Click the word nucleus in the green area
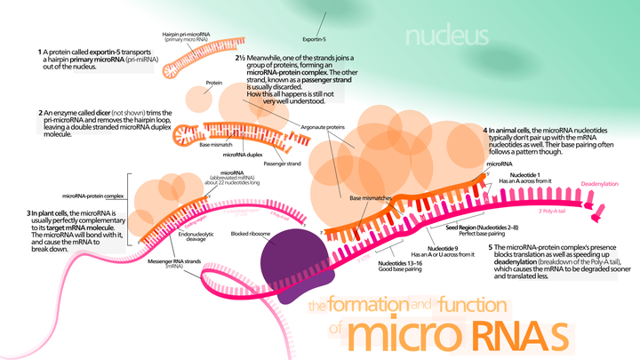pyautogui.click(x=446, y=36)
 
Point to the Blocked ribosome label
pyautogui.click(x=251, y=234)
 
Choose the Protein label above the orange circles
pyautogui.click(x=213, y=82)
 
